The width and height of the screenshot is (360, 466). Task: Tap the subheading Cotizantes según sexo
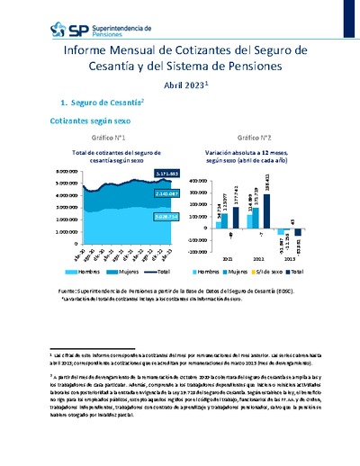pos(89,120)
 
